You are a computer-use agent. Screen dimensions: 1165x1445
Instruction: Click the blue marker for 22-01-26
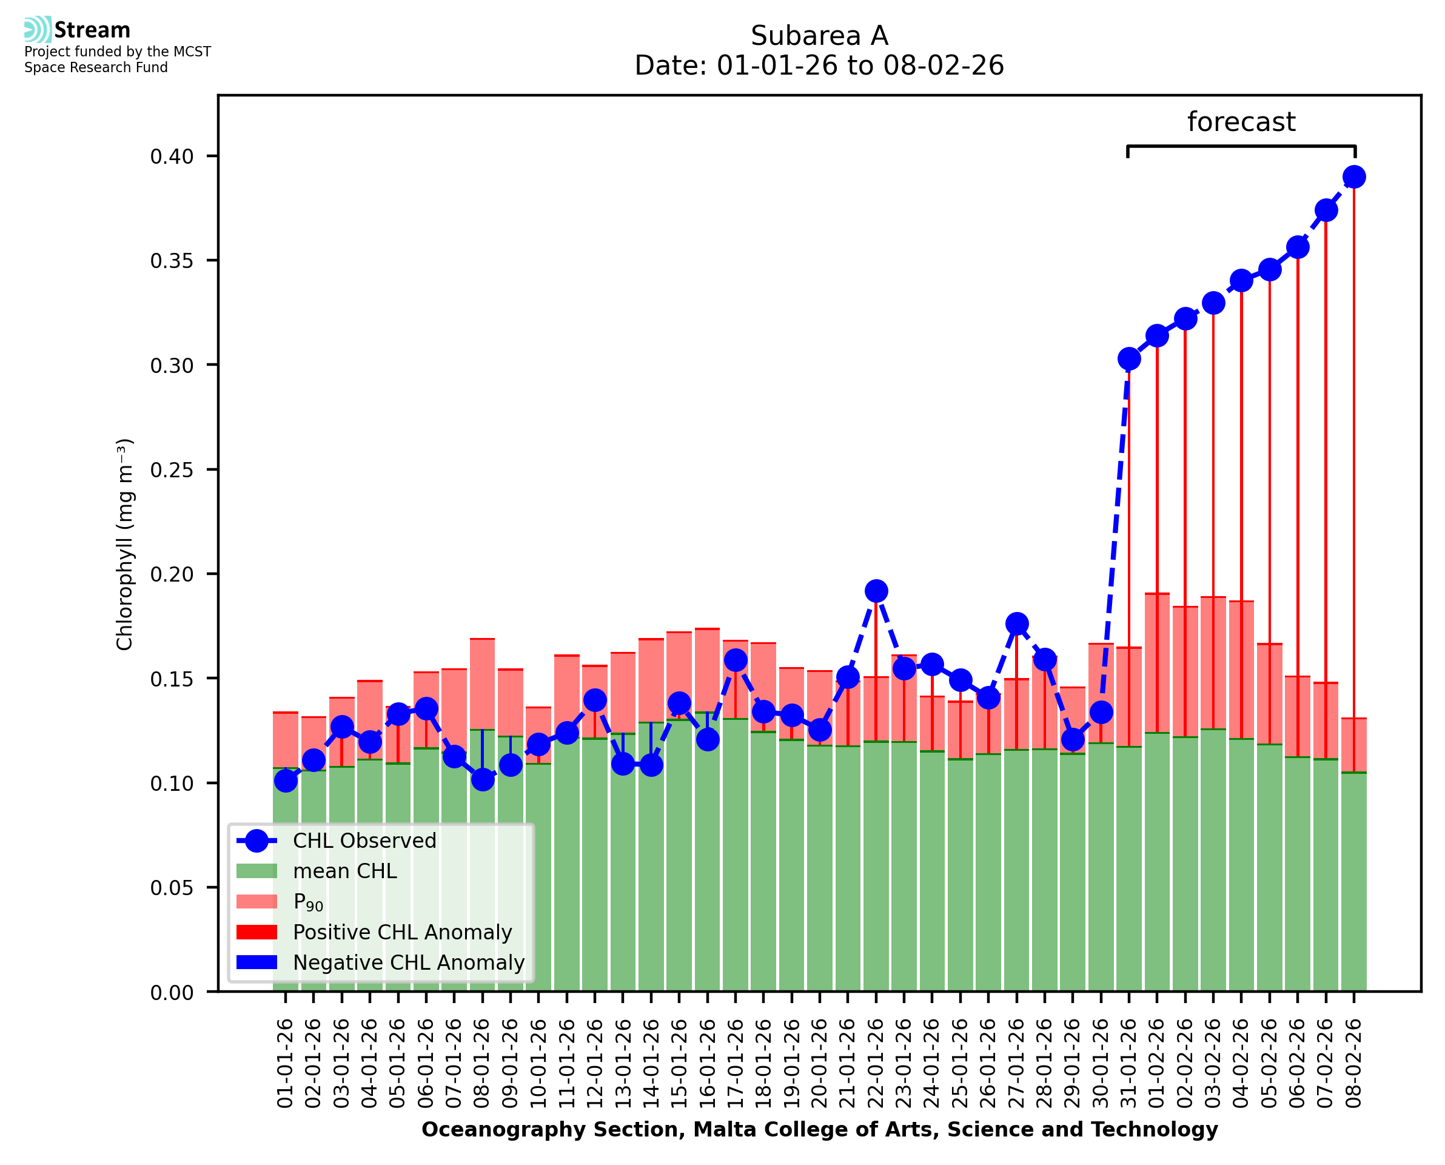(876, 591)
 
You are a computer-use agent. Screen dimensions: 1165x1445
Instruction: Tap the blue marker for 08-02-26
(1354, 177)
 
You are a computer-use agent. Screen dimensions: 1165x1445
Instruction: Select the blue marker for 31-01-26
(1129, 359)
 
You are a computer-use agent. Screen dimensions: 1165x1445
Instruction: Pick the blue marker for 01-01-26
(286, 781)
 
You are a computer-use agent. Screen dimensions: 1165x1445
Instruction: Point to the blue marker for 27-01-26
(1016, 624)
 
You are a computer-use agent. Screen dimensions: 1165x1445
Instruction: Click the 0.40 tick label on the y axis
(172, 156)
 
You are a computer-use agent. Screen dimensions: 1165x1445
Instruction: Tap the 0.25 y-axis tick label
(172, 470)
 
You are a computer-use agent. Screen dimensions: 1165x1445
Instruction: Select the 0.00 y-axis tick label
(172, 993)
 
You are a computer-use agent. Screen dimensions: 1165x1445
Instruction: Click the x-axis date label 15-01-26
(680, 1064)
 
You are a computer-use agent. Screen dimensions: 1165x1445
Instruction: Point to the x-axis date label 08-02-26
(1354, 1064)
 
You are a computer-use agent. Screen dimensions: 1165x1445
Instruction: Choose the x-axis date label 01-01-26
(286, 1064)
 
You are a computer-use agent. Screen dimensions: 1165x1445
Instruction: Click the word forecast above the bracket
(1241, 122)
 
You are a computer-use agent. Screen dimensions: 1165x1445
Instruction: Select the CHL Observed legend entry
(364, 841)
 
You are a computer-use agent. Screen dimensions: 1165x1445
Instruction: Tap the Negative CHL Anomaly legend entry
(409, 962)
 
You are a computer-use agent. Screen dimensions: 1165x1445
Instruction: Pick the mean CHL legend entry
(345, 871)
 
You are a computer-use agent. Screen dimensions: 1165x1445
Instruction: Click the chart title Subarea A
(819, 36)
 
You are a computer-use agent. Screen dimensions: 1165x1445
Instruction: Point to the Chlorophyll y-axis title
(125, 544)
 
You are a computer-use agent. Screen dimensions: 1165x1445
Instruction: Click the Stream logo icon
(38, 30)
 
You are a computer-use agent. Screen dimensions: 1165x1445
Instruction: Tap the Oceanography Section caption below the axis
(819, 1130)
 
